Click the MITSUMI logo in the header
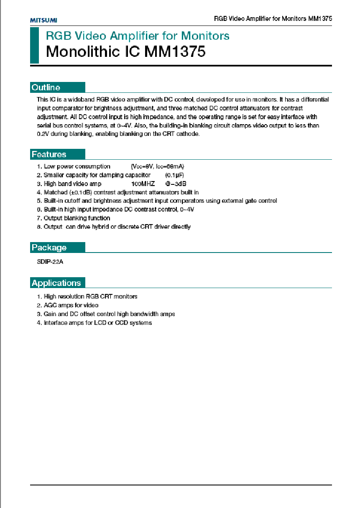43,20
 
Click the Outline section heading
46,87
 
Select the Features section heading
49,154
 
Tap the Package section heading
49,248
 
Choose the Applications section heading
56,283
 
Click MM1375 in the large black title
175,52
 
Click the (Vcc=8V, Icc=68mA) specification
157,166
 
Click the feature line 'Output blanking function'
77,218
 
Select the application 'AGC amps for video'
71,305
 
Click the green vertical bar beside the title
34,45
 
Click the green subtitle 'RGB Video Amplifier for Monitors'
138,36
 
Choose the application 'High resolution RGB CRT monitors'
90,296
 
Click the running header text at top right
273,19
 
